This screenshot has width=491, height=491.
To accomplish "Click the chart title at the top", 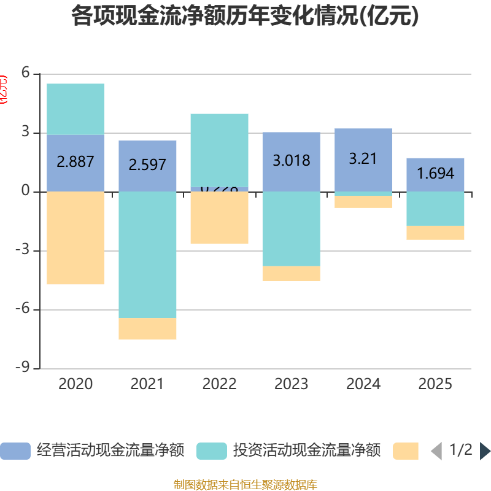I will point(245,17).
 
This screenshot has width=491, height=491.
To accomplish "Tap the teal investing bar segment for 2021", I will point(147,254).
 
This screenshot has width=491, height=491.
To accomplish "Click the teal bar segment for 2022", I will point(219,150).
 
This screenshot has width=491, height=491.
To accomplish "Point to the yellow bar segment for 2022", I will point(219,218).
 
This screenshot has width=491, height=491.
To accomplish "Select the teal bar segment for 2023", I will point(291,228).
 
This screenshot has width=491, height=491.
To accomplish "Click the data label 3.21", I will point(363,158).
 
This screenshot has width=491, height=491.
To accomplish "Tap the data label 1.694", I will point(435,174).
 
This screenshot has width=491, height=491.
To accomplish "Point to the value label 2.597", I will point(147,165).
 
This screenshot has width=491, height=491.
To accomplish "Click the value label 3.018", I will point(291,161).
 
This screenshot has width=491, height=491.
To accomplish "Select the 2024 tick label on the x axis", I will point(363,384).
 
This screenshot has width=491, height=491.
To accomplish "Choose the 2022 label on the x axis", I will point(219,384).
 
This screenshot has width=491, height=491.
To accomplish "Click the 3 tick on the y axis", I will point(26,133).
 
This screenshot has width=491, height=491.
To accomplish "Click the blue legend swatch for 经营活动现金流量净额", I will point(15,451).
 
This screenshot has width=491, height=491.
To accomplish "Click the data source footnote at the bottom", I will point(245,485).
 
